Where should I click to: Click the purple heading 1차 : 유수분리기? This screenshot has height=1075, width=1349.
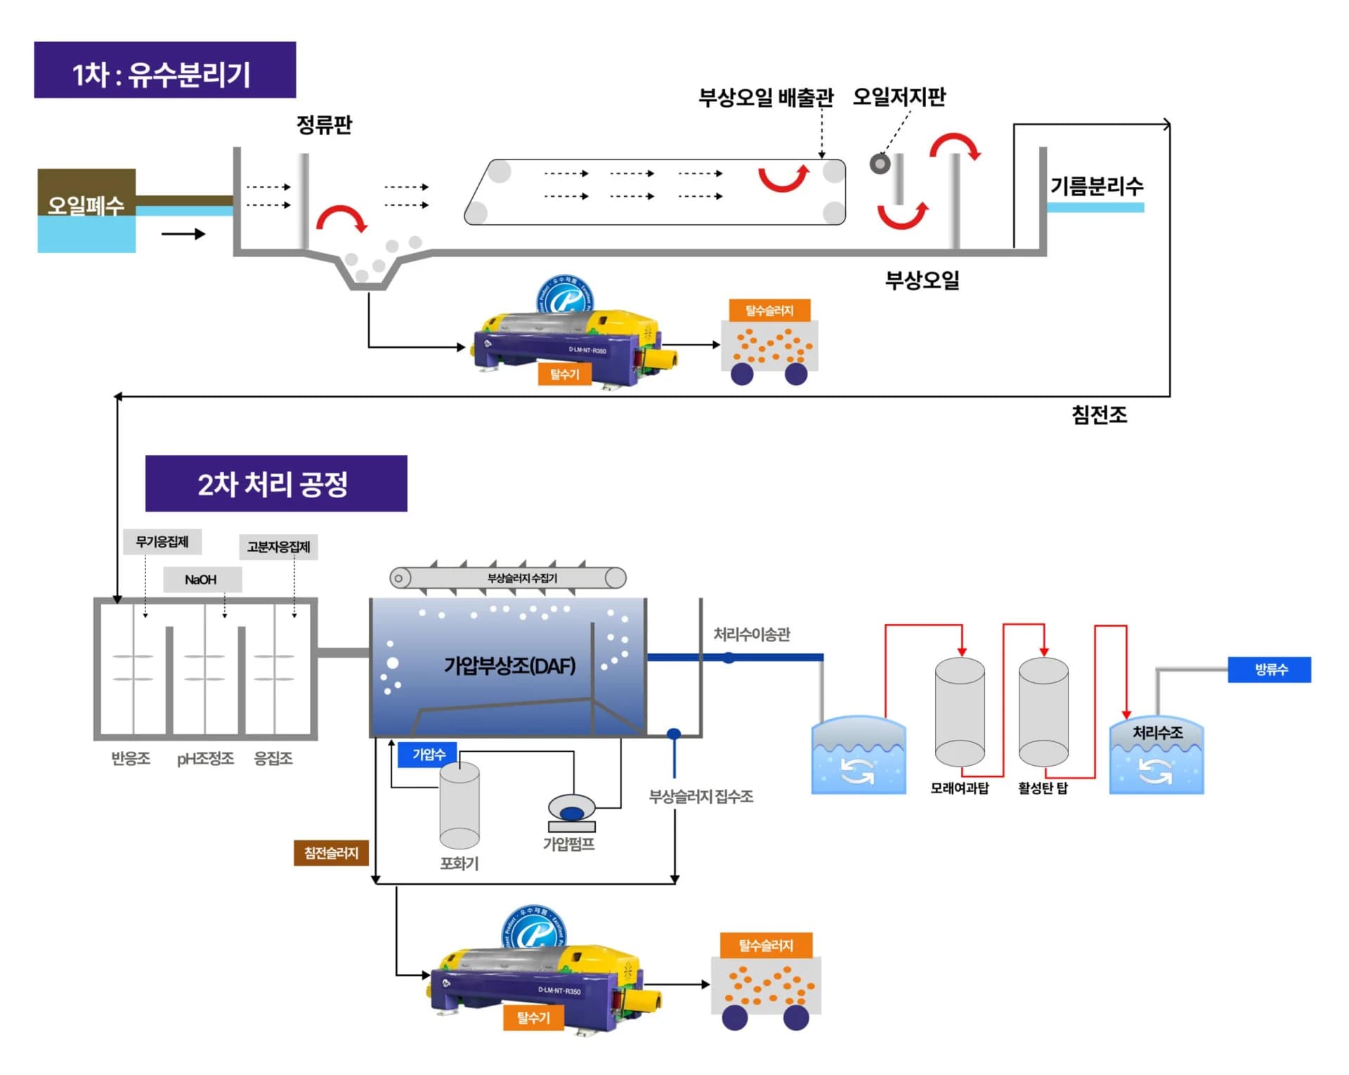pos(164,70)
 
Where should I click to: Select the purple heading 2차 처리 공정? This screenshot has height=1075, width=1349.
pos(275,483)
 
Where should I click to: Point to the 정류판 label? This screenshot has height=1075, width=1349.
pos(324,125)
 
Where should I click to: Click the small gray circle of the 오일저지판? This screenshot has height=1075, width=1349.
pos(880,164)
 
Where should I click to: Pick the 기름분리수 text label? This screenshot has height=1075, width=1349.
pos(1096,186)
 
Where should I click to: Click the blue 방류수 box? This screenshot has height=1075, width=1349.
pos(1269,669)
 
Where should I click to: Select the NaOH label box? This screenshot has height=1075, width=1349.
pos(202,580)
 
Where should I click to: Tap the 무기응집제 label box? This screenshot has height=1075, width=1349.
pos(162,542)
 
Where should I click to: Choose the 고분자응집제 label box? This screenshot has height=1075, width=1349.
pos(278,547)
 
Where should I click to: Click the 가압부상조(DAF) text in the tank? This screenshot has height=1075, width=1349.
pos(509,665)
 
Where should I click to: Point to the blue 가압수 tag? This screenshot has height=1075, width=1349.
pos(428,754)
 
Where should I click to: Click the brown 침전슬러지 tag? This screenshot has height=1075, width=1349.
pos(331,853)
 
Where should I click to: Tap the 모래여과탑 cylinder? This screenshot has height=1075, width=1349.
pos(959,712)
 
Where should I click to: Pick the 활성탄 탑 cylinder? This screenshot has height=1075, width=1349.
pos(1043,712)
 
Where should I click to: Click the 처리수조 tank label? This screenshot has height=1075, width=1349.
pos(1156,732)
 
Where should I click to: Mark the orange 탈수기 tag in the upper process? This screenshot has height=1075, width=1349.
pos(564,374)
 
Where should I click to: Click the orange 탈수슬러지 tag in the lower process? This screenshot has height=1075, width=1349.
pos(766,945)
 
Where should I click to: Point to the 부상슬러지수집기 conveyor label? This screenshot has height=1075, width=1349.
pos(522,578)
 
